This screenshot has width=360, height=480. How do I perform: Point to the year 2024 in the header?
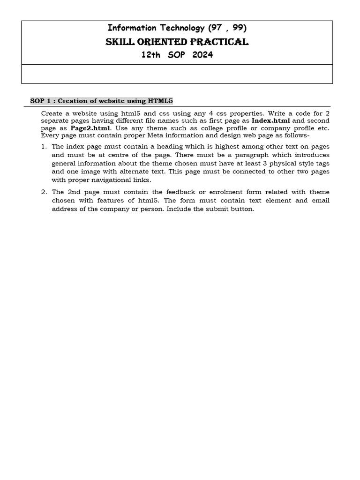(202, 55)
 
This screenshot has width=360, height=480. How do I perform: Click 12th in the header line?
(150, 55)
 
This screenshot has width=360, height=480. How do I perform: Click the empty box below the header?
(177, 74)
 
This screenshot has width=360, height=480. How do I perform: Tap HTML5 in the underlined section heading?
(161, 101)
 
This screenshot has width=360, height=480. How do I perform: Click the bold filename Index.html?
(271, 120)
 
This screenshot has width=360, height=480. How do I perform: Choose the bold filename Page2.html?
(90, 128)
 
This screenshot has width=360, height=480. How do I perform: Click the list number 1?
(44, 147)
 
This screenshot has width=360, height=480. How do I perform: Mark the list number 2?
(44, 192)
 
